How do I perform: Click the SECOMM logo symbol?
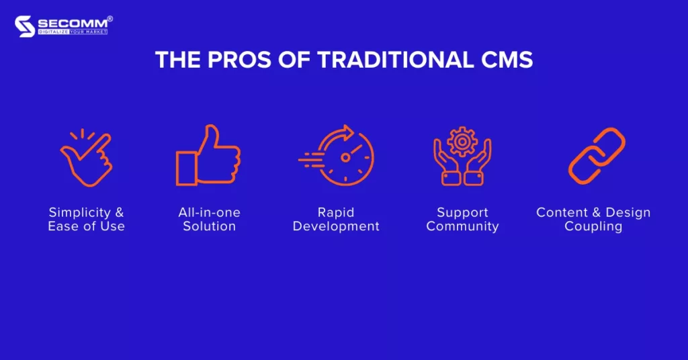pos(25,26)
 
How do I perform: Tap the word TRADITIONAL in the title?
pos(396,60)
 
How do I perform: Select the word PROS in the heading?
pos(239,60)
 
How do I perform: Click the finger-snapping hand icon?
pos(87,157)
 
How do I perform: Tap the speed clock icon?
pos(337,155)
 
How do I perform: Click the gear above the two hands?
pos(462,141)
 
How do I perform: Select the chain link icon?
pos(597,156)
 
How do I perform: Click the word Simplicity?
pos(80,213)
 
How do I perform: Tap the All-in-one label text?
pos(210,212)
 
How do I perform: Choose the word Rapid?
pos(336,213)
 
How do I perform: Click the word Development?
pos(336,226)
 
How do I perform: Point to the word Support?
pos(462,213)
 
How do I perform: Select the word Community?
pos(462,226)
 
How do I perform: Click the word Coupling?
pos(593,226)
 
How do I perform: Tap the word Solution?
pos(210,226)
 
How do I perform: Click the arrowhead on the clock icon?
pos(349,132)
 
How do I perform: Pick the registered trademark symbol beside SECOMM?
pos(110,19)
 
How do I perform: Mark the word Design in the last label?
pos(628,213)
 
